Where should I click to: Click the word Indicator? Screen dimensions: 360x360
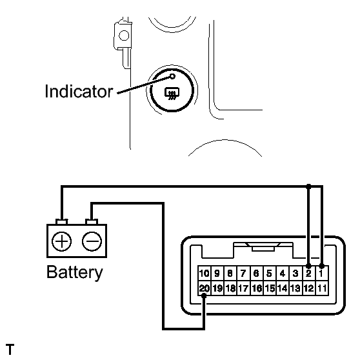click(79, 92)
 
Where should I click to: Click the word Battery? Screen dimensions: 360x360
click(75, 272)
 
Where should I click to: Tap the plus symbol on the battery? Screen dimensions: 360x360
click(61, 241)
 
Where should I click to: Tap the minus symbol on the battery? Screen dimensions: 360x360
click(92, 241)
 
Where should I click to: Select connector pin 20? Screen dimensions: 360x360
click(204, 288)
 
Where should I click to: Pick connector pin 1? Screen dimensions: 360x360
click(322, 273)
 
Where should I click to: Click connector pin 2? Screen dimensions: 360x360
click(309, 273)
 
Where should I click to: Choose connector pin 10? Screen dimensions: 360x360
click(204, 273)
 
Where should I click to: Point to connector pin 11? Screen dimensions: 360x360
click(322, 288)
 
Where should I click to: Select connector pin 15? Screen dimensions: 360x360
click(270, 288)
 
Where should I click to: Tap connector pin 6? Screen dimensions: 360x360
click(257, 273)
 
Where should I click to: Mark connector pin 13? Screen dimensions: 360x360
click(295, 288)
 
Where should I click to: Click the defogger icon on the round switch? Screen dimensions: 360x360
click(172, 94)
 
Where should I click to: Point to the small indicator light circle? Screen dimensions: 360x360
click(172, 76)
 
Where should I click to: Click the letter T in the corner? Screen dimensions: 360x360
click(10, 350)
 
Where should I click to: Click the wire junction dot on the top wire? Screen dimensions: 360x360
click(309, 186)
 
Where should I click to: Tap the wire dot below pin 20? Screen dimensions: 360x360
click(204, 296)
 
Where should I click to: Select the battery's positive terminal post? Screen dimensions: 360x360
click(61, 221)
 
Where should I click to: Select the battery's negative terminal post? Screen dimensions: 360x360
click(92, 221)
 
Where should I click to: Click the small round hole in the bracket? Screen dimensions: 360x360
click(124, 35)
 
